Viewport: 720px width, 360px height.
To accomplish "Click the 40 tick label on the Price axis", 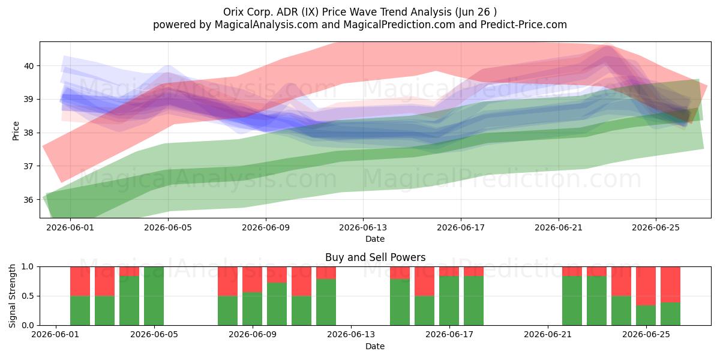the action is [x=29, y=66].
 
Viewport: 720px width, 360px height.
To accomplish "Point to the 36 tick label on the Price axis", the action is [x=29, y=200].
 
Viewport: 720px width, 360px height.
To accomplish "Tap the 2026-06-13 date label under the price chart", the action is [x=363, y=227].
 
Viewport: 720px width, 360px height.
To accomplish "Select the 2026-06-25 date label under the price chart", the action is [x=656, y=227].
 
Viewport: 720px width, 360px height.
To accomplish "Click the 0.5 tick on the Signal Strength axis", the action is [x=28, y=296].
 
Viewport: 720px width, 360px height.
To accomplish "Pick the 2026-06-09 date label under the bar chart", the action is [x=253, y=335].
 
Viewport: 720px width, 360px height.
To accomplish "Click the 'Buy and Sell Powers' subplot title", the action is [x=375, y=257].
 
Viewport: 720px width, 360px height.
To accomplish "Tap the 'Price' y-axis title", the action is [x=16, y=131].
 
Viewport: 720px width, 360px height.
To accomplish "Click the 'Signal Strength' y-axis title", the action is [x=12, y=296].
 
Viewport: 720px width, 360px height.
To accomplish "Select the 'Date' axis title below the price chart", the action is [x=375, y=239].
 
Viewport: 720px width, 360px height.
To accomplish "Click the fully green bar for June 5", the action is [x=154, y=296].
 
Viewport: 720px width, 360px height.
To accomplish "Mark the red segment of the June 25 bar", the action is [x=646, y=286].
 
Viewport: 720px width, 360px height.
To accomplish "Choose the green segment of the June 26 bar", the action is [x=671, y=314].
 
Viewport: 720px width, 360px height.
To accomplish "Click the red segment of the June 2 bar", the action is [x=80, y=281].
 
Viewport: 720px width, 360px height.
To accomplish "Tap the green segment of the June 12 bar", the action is [x=326, y=302].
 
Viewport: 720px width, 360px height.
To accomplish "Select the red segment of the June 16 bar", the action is [x=424, y=281].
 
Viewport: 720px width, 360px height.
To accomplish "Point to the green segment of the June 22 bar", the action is [x=572, y=301].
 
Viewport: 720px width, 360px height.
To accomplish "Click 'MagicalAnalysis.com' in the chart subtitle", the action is [x=266, y=25].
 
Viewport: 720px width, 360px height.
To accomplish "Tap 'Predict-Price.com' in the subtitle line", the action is [x=524, y=25].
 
